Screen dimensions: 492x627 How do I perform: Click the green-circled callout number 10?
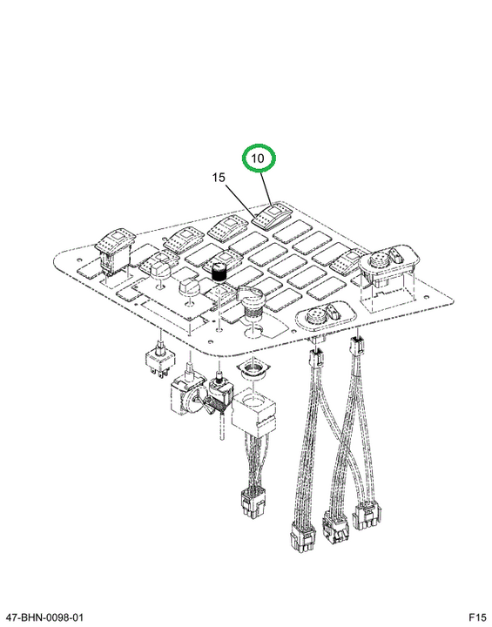click(x=259, y=158)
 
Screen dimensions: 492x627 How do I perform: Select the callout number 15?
click(x=219, y=177)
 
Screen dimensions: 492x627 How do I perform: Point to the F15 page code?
click(x=477, y=617)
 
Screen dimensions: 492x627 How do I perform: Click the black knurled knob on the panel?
click(x=219, y=273)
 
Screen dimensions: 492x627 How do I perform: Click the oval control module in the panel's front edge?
click(x=326, y=314)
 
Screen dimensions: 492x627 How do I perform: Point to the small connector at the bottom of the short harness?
click(x=253, y=505)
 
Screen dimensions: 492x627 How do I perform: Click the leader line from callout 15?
click(x=241, y=201)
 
